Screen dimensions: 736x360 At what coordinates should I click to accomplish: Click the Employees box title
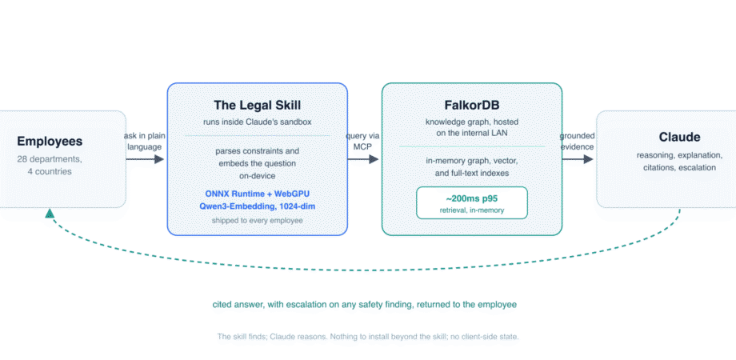(50, 141)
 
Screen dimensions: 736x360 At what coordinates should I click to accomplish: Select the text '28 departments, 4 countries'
(50, 166)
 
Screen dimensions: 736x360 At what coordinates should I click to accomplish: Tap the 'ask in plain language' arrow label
(144, 142)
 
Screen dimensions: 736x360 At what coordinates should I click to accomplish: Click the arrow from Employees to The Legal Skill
(145, 159)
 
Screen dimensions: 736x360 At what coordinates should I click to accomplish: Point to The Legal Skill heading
(258, 105)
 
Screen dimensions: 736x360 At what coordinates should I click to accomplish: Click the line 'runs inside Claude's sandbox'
(258, 122)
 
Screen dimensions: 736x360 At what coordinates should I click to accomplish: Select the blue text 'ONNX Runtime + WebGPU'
(258, 194)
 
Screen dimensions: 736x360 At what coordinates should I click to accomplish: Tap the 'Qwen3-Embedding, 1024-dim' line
(258, 206)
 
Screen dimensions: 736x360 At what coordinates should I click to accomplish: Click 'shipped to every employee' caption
(258, 220)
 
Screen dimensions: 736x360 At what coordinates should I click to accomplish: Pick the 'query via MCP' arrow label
(363, 142)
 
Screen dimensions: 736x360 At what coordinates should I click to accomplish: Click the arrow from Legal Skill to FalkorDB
(363, 159)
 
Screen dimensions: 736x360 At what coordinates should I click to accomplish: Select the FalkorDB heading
(472, 105)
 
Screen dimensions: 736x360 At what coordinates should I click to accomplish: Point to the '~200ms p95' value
(472, 198)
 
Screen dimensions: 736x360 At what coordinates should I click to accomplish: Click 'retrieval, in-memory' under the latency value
(472, 210)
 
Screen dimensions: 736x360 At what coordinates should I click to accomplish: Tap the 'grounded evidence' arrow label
(578, 142)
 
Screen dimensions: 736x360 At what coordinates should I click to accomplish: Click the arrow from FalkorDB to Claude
(578, 159)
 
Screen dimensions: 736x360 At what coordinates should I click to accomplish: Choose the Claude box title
(679, 137)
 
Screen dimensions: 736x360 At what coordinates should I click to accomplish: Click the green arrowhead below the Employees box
(50, 214)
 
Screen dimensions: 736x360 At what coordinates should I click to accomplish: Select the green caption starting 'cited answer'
(364, 305)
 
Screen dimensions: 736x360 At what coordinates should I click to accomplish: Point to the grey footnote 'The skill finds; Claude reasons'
(368, 337)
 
